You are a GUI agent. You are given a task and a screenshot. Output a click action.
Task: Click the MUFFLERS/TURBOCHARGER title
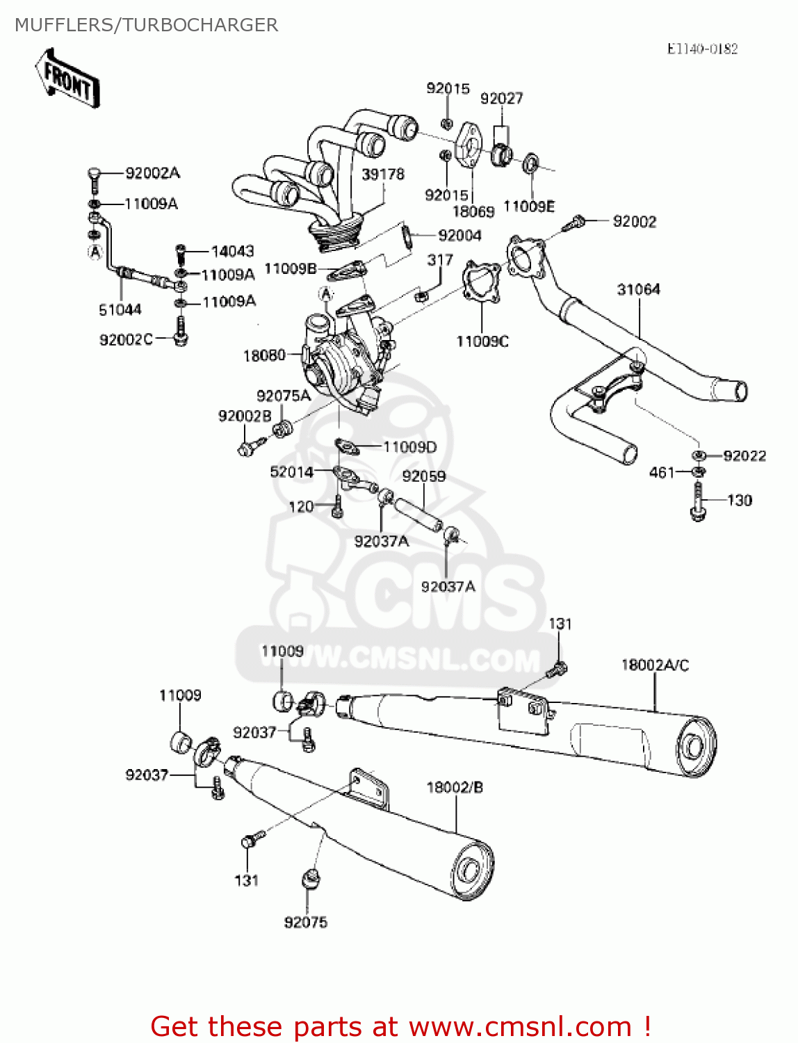146,25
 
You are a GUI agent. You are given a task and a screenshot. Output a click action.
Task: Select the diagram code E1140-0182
702,49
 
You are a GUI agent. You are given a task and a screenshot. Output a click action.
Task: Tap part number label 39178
382,174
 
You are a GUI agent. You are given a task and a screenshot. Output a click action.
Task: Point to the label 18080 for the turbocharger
264,355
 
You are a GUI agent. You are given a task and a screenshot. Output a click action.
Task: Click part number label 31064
638,289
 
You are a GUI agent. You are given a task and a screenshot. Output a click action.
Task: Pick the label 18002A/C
655,665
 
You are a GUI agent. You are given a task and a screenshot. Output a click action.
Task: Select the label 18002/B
455,787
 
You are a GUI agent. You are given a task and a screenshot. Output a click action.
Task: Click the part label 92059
424,476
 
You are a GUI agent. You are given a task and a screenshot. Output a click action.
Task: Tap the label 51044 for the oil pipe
120,309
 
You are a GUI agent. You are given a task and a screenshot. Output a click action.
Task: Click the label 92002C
126,339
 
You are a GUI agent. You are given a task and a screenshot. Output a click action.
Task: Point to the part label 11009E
529,207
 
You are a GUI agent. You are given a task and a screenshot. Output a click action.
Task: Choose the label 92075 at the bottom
306,922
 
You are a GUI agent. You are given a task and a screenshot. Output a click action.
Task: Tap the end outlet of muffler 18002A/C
693,746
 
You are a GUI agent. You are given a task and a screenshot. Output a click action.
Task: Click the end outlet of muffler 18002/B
469,871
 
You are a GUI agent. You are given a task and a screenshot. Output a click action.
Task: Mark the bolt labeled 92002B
247,446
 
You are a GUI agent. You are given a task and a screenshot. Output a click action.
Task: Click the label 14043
232,251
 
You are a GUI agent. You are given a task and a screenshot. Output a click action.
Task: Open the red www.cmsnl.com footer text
401,1026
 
